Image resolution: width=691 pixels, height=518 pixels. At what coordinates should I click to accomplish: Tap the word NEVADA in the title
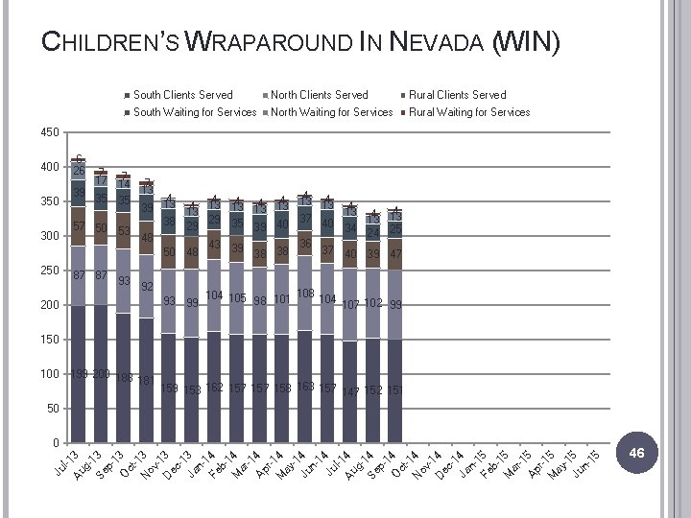(x=439, y=42)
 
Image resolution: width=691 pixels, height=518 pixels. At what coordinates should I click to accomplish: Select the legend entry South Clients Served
(x=182, y=95)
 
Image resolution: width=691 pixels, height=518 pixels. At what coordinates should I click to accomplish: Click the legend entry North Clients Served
(x=319, y=95)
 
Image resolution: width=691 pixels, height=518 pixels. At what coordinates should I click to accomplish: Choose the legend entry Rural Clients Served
(x=457, y=95)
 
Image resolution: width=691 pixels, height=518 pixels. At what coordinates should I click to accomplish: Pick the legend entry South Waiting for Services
(x=195, y=112)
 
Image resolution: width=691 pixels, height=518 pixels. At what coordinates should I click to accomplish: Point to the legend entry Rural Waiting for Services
(x=469, y=112)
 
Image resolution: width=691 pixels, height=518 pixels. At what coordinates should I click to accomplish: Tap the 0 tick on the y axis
(x=55, y=443)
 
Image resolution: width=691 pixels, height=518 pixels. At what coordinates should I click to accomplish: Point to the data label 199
(x=79, y=373)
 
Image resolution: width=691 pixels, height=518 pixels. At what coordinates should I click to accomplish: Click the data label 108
(x=306, y=294)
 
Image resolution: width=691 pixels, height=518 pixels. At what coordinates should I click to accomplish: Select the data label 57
(x=79, y=226)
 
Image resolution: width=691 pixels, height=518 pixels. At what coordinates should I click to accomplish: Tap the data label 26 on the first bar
(x=78, y=171)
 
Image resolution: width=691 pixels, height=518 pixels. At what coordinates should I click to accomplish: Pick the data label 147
(x=351, y=391)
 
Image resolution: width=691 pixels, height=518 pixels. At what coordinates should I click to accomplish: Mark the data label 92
(x=147, y=286)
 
